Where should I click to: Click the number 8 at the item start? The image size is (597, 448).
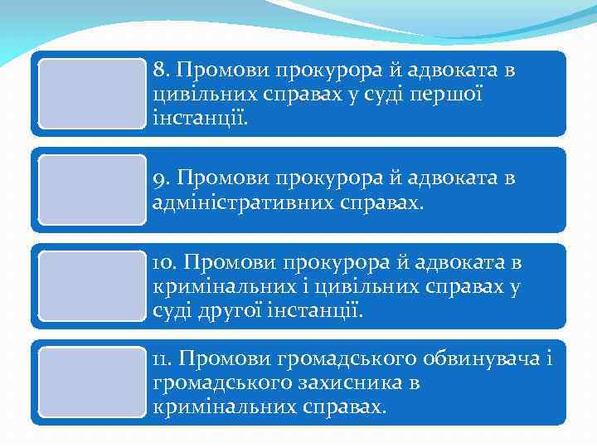point(159,71)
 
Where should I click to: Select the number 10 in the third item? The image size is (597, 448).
point(163,264)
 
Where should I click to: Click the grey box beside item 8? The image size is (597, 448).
point(92,93)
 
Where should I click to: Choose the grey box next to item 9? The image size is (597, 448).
point(92,190)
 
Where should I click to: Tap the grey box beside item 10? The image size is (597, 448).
point(92,286)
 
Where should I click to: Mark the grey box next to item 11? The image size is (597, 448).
point(92,382)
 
